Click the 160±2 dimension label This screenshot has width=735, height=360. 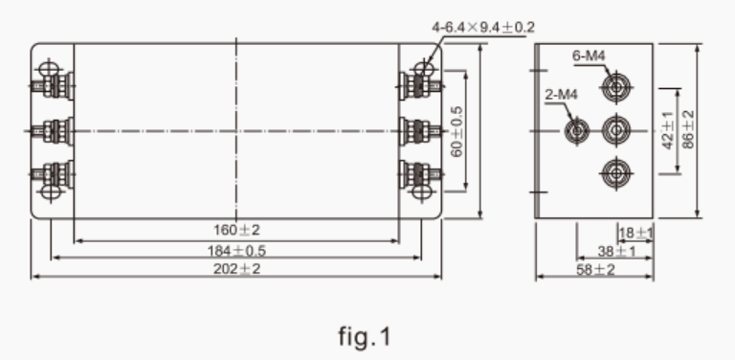coord(236,230)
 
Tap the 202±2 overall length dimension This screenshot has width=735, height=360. coord(236,268)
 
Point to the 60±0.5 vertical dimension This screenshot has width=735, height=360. coord(457,130)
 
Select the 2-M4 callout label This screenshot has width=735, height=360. coord(557,95)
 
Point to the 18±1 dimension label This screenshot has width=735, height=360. coord(635,233)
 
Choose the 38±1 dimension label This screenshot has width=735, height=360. coord(623,251)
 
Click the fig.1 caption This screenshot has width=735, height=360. coord(365,337)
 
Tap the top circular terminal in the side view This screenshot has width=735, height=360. coord(613,88)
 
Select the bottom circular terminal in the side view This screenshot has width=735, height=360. coord(613,173)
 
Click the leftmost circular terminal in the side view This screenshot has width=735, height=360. coord(577,129)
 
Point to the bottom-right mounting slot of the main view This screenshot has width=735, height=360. coord(419,192)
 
